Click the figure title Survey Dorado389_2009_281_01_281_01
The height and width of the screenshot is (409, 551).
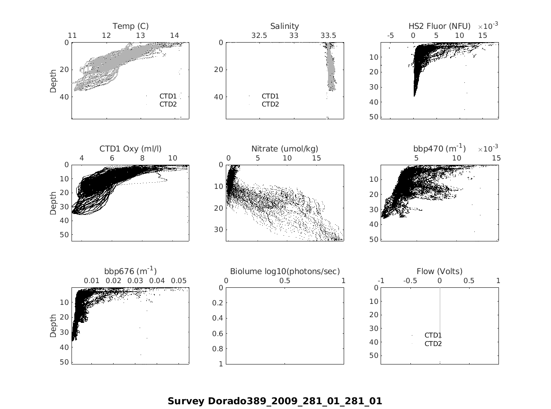pos(275,401)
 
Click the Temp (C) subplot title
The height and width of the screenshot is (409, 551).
pos(130,26)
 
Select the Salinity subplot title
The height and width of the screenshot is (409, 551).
pos(284,26)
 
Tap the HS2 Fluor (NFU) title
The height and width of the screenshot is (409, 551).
pos(439,26)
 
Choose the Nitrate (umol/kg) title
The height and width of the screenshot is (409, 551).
pos(284,149)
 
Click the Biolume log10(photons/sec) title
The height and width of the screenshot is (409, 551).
pos(284,271)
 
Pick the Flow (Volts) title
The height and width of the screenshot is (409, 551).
pos(439,271)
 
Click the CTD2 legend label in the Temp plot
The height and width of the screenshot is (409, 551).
pos(168,104)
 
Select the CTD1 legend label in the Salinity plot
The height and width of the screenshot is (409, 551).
pos(270,96)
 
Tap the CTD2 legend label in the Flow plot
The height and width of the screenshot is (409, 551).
pos(433,344)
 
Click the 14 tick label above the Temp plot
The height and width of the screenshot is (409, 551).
pos(175,36)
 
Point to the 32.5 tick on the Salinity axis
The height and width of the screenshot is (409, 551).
pos(259,36)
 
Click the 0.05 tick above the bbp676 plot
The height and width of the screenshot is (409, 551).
pos(179,281)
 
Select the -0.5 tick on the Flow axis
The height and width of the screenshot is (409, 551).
pos(409,281)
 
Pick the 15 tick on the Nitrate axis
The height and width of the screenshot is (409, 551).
pos(316,158)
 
